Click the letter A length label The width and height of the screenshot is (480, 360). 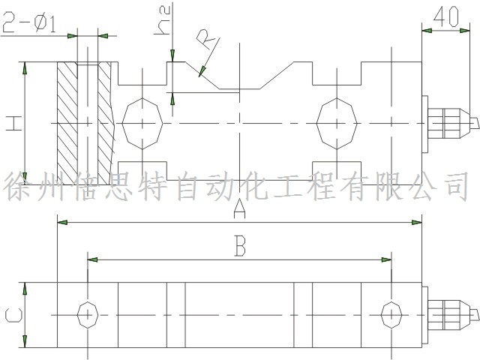coord(239,210)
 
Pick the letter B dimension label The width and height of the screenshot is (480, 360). coord(239,247)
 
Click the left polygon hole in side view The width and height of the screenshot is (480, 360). coord(141,122)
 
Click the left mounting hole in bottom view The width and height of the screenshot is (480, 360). coord(88,313)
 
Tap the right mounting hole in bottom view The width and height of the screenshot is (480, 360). coord(391,313)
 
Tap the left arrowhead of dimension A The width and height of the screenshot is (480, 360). coord(63,223)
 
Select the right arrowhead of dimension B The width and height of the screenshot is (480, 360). coord(386,260)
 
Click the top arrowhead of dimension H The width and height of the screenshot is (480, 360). coord(25,67)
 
